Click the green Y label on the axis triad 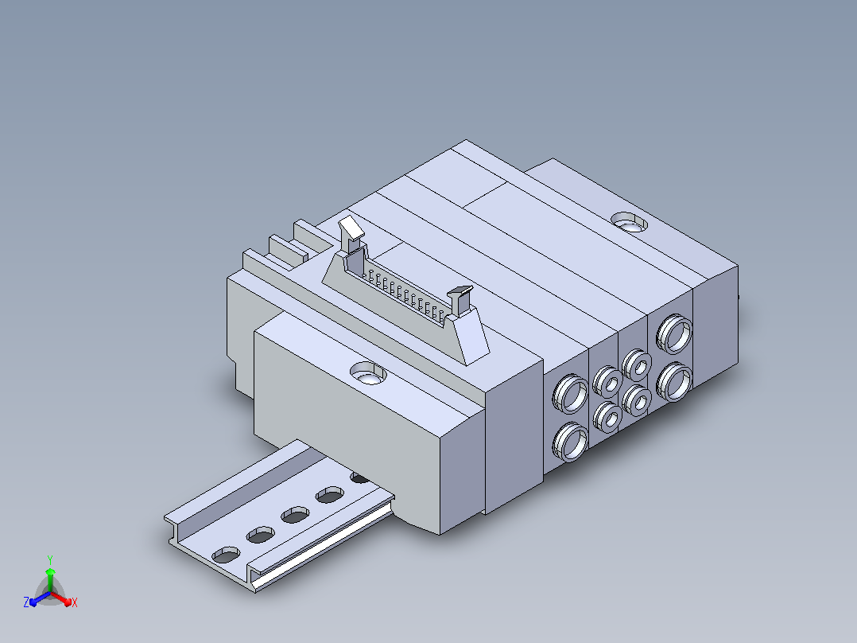pos(50,559)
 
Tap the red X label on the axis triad pos(75,602)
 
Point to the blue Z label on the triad pos(25,602)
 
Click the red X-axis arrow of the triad pos(61,598)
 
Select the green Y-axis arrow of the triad pos(50,580)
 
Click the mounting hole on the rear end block pos(629,222)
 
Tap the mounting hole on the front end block pos(368,373)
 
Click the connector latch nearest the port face pos(460,300)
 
